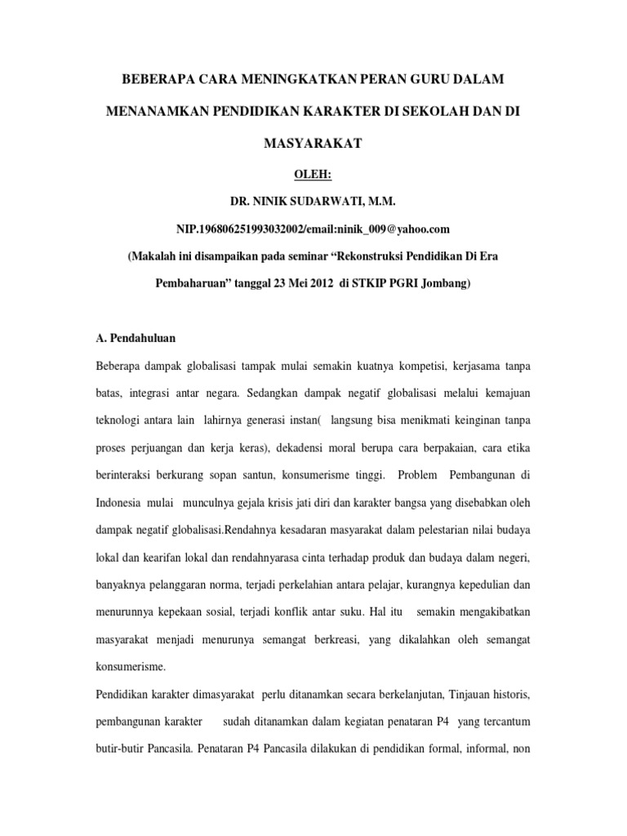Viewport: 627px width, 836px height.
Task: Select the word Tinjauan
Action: click(x=442, y=695)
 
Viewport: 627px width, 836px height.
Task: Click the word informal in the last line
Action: click(x=480, y=750)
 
